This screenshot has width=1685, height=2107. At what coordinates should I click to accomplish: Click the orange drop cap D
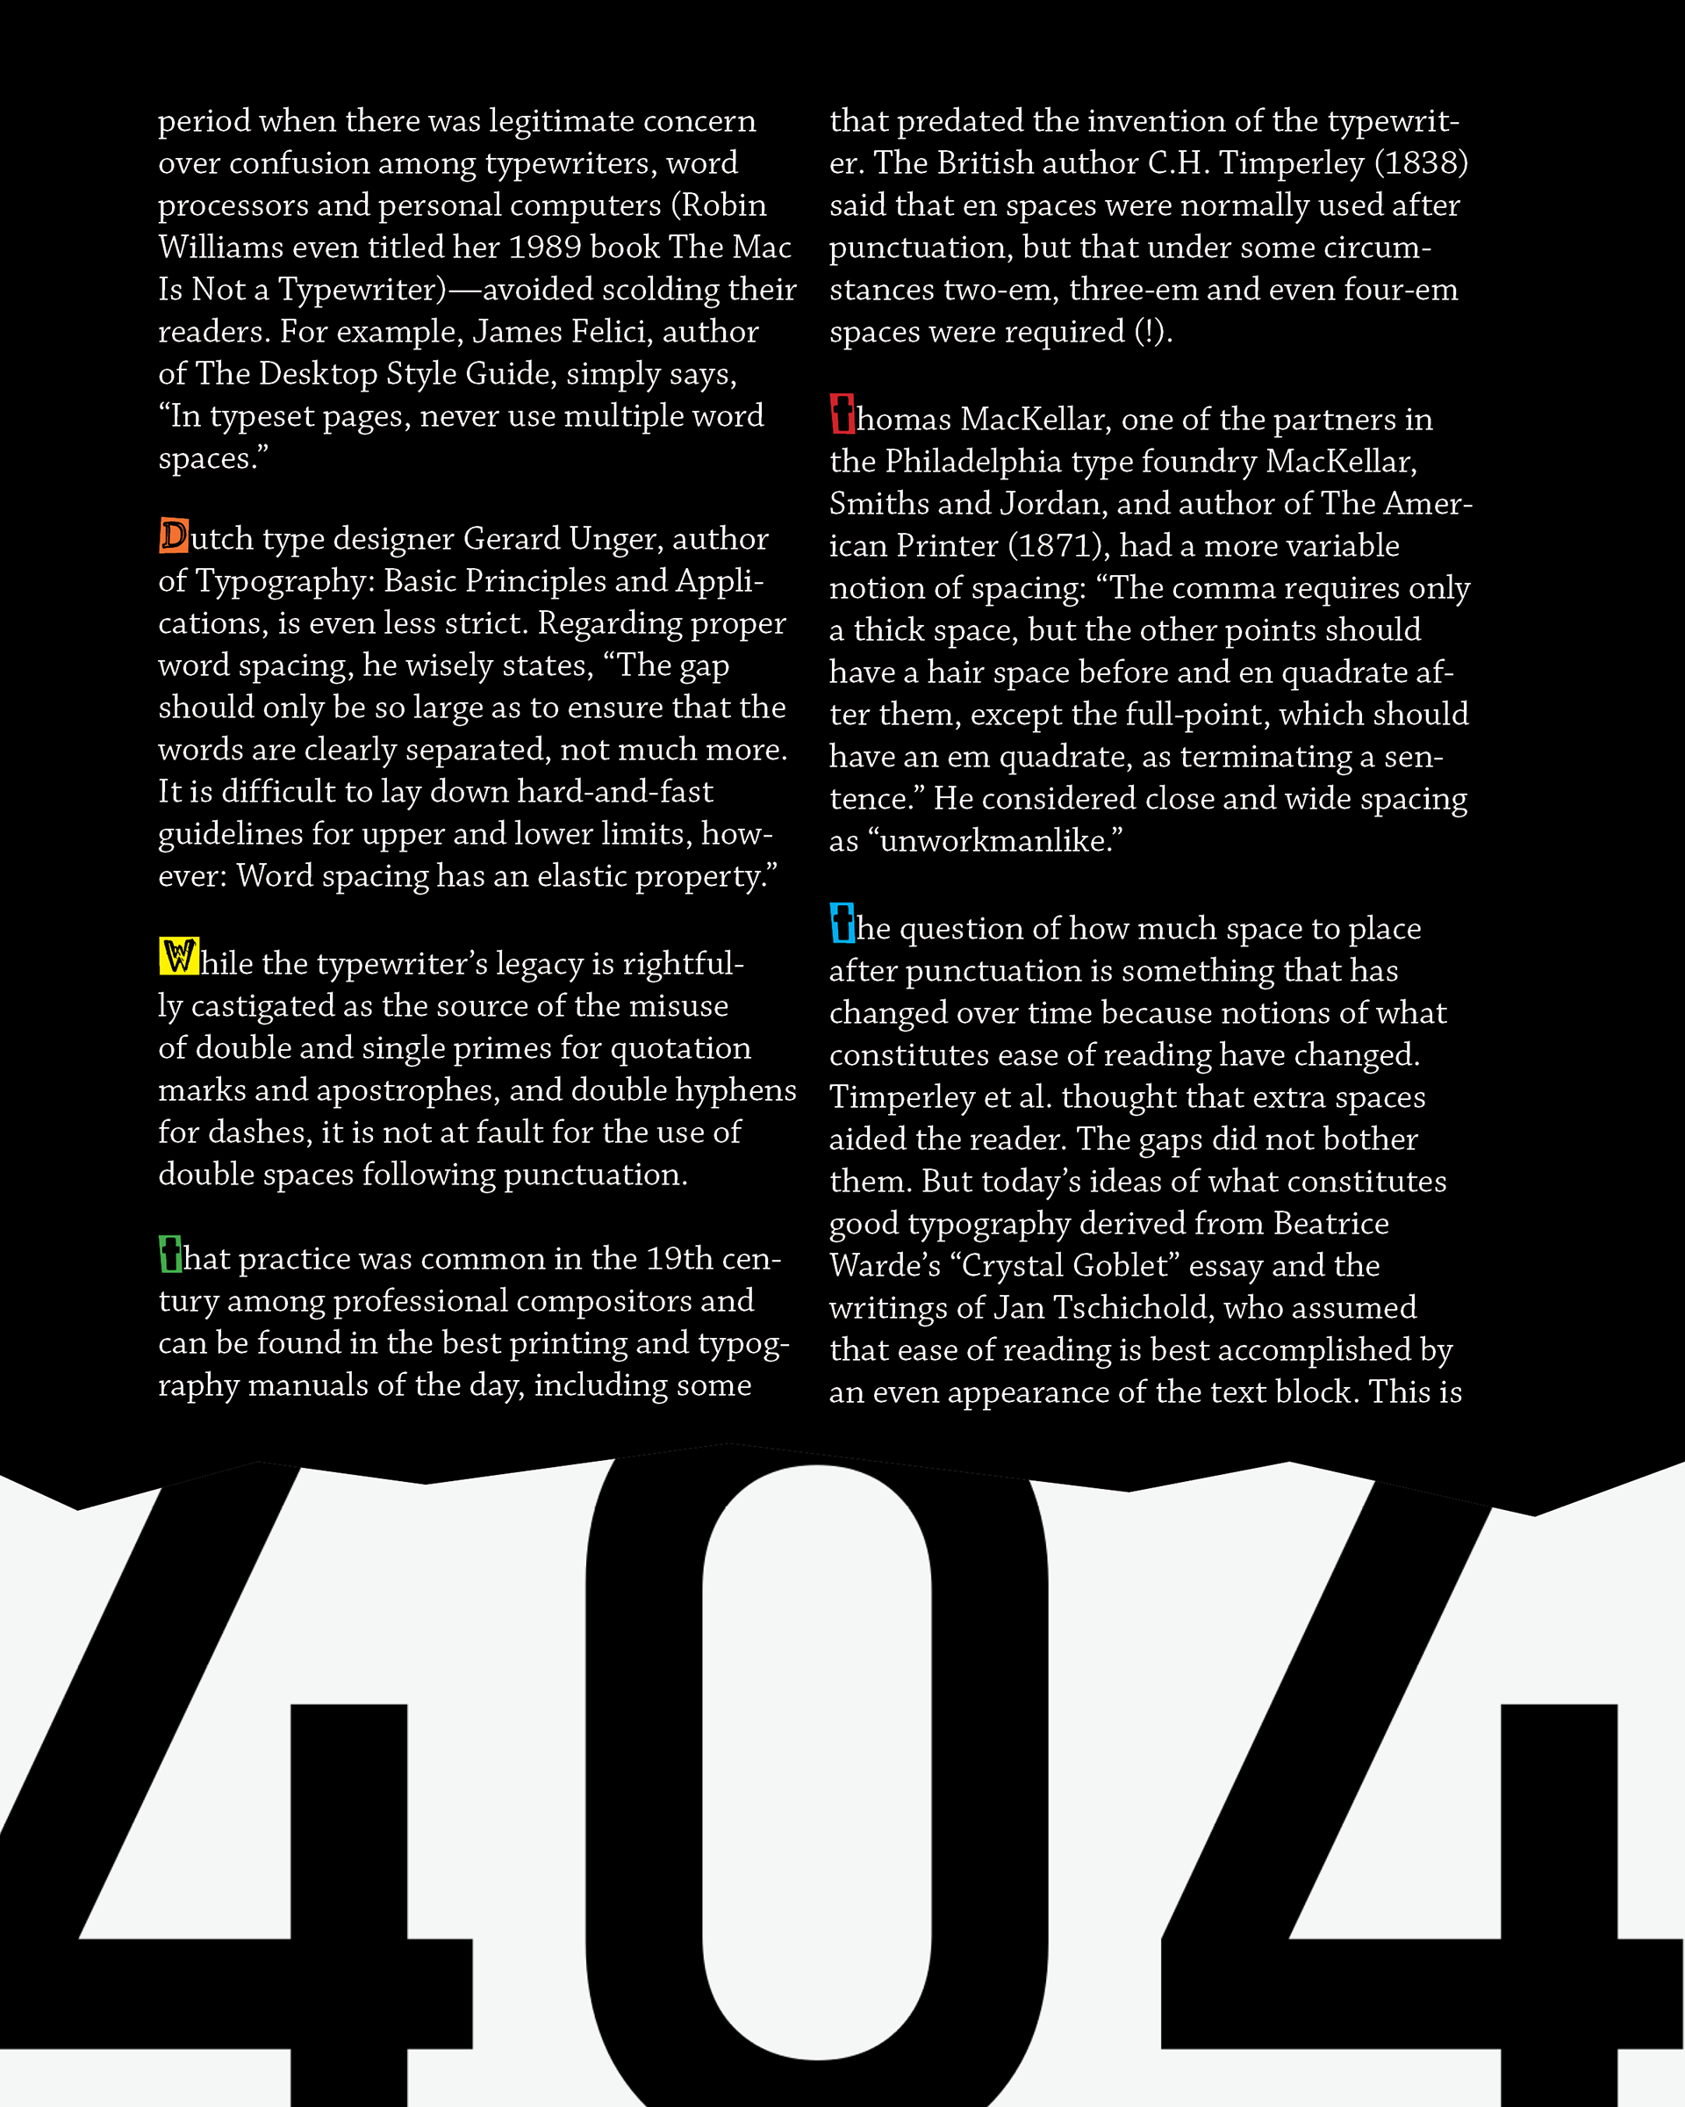point(174,536)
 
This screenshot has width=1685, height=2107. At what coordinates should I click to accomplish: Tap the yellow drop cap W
point(179,957)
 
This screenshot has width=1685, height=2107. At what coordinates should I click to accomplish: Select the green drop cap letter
point(170,1255)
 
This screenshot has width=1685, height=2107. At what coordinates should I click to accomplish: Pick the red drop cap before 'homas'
point(842,414)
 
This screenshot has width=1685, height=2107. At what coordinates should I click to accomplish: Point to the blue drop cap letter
point(842,924)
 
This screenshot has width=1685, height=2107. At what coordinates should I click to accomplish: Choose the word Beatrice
point(1330,1224)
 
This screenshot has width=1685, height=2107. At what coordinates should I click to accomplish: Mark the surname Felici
point(610,332)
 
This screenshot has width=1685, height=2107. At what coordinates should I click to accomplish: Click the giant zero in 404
point(645,1759)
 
